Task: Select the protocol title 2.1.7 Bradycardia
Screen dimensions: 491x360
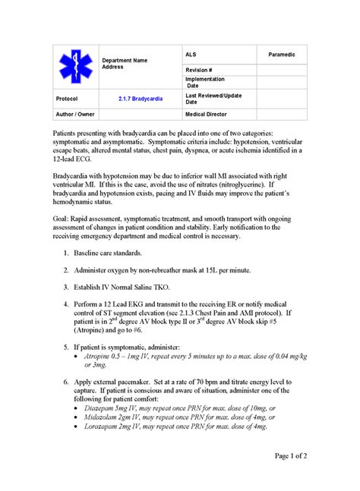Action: pyautogui.click(x=137, y=99)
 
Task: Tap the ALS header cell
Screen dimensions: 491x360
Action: pyautogui.click(x=191, y=55)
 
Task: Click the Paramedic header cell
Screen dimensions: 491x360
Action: pyautogui.click(x=282, y=55)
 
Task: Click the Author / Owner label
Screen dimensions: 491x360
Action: pyautogui.click(x=75, y=113)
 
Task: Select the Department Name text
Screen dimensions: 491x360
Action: pyautogui.click(x=125, y=59)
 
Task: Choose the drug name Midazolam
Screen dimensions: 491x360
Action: pyautogui.click(x=103, y=417)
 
